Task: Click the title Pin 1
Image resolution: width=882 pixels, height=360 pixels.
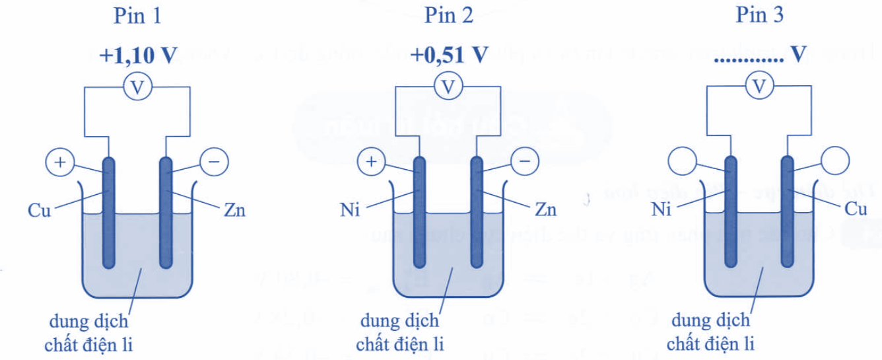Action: (138, 17)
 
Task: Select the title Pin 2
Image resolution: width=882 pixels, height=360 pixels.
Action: (449, 17)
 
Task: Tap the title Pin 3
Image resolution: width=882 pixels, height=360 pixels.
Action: (761, 17)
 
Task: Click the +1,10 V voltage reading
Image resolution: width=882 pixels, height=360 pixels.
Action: (138, 55)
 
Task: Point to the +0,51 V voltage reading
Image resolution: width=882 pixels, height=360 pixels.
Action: (449, 55)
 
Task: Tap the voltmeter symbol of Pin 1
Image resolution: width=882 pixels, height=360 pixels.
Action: (137, 86)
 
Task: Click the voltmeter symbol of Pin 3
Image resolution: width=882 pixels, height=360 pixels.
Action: (761, 86)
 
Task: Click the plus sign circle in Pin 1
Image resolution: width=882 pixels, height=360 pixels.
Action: (59, 162)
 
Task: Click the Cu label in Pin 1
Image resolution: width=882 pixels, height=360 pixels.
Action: (39, 211)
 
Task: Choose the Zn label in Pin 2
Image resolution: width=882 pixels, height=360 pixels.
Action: (545, 211)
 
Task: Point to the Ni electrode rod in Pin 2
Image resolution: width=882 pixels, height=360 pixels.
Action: (419, 211)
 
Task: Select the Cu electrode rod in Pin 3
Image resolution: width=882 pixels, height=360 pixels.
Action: (787, 211)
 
